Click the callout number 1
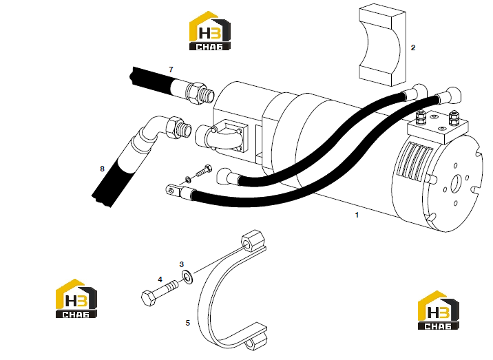pos(357,215)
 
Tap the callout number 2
pos(413,47)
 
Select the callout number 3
pos(181,264)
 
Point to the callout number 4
pos(160,279)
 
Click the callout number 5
pos(188,323)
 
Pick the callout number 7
pos(171,70)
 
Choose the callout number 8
pos(102,169)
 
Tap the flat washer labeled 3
pos(187,276)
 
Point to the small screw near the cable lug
pos(204,171)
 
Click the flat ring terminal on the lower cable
pos(173,190)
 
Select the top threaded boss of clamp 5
pos(252,242)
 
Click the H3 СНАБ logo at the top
pos(210,31)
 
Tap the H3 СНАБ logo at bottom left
pos(76,298)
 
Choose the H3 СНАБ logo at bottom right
pos(439,310)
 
